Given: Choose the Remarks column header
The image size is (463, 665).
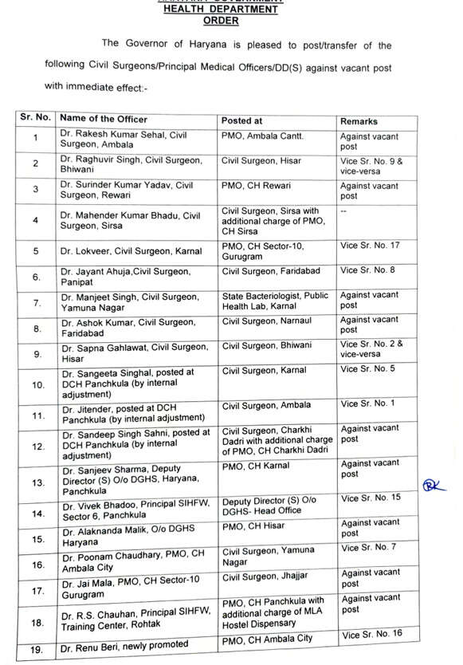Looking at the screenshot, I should pyautogui.click(x=359, y=121).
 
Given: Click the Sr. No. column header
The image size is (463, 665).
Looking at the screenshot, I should pyautogui.click(x=36, y=117).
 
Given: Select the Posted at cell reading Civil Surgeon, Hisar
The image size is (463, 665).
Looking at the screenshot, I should pyautogui.click(x=261, y=161).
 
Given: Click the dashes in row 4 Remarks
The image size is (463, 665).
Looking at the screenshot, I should pyautogui.click(x=343, y=211).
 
